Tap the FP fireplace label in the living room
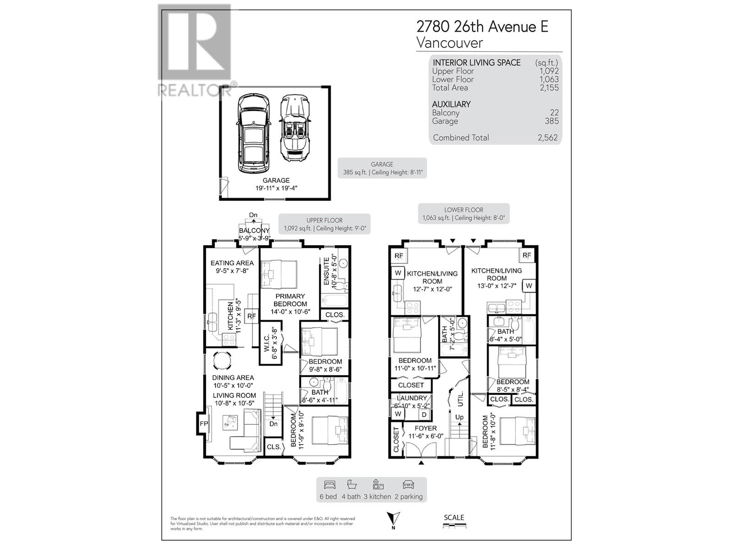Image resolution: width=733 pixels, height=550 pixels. (203, 424)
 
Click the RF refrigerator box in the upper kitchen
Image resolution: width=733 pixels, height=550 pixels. (252, 316)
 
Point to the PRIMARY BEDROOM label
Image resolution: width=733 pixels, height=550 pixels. (290, 300)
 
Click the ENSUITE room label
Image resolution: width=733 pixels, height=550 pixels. (327, 271)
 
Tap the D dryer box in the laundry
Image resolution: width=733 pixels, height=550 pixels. (424, 414)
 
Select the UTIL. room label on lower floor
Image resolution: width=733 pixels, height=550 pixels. (460, 398)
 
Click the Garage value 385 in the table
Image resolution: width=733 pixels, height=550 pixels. (552, 121)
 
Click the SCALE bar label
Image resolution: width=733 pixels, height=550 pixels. (454, 517)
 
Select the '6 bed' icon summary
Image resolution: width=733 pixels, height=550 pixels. (329, 489)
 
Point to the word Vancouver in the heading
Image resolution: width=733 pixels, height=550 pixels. (449, 43)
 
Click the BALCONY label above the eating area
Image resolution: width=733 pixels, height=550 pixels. (254, 231)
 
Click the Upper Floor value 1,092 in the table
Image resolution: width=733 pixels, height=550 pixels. (549, 71)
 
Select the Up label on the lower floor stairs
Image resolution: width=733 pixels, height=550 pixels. (459, 417)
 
